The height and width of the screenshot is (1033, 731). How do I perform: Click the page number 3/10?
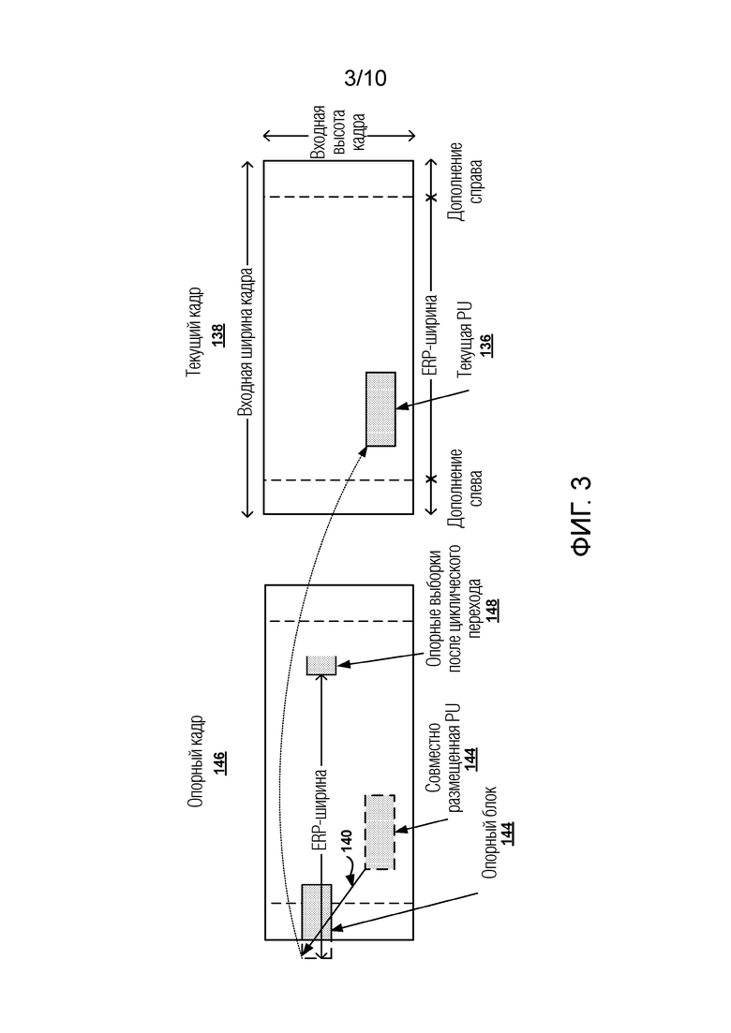(365, 79)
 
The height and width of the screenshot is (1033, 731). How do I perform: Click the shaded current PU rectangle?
(380, 407)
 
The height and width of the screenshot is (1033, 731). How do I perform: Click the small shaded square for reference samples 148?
(321, 665)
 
